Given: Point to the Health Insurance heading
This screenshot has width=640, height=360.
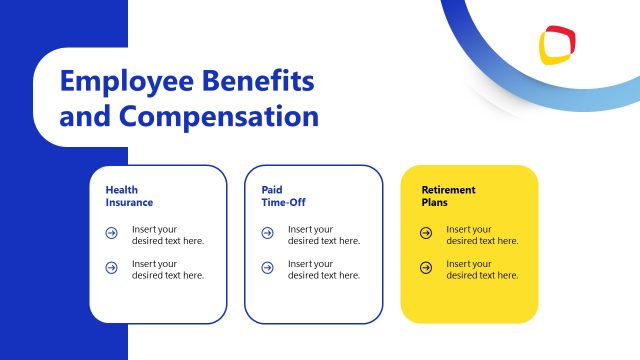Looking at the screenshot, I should pos(129,195).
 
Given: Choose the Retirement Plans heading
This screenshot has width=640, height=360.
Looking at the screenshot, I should pos(448,195).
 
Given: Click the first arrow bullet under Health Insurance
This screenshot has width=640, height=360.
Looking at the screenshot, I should pos(111,234).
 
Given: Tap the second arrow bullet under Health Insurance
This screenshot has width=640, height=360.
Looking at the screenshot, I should pos(111,268).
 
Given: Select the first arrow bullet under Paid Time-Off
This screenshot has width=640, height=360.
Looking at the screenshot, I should pos(267,234).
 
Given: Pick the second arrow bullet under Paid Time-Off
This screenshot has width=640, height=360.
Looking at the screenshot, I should pos(267,268).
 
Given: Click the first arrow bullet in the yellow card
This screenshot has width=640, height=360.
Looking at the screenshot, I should pos(426,234).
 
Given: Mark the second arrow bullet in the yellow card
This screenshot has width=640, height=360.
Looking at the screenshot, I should pos(426,268).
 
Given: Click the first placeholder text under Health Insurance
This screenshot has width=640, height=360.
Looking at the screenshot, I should pos(168,234).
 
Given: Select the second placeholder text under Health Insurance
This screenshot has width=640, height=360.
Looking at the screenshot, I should pos(168,269).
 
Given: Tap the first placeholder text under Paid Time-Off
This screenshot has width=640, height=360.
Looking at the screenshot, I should pos(324,234).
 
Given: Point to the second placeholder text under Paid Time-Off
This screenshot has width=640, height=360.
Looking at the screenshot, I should pos(324,269).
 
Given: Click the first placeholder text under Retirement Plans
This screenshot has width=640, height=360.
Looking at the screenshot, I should pos(482,234).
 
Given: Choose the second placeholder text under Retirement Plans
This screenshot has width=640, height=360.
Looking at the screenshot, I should pos(482,269).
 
